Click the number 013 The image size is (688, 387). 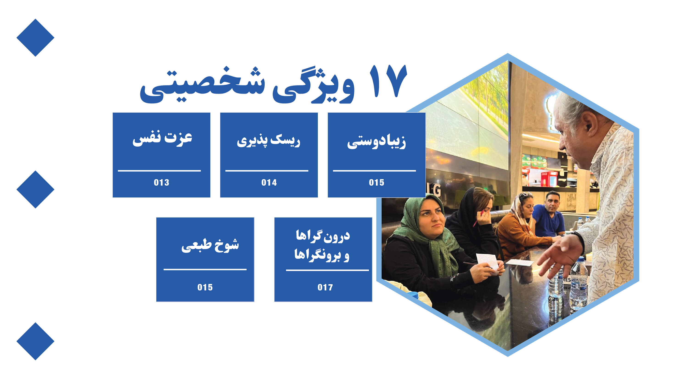(161, 182)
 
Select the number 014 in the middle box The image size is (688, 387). (269, 182)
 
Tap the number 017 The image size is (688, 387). (325, 287)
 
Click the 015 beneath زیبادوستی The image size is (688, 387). (377, 182)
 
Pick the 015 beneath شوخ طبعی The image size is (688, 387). (205, 287)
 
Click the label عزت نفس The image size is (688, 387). (162, 138)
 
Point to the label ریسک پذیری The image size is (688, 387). (268, 141)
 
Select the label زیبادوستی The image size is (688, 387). (376, 142)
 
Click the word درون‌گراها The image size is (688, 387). (323, 236)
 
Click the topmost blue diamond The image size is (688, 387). (35, 38)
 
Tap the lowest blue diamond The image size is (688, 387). (35, 341)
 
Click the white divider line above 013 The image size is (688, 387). (159, 170)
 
